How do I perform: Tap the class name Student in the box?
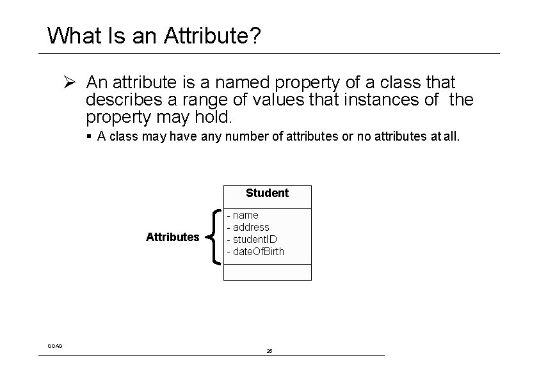[267, 193]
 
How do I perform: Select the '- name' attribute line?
[243, 215]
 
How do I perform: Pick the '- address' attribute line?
[248, 228]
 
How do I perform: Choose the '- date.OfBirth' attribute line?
[256, 252]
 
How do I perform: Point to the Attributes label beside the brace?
[172, 237]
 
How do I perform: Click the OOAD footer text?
[55, 346]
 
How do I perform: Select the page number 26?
[269, 351]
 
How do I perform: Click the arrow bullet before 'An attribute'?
[70, 82]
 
